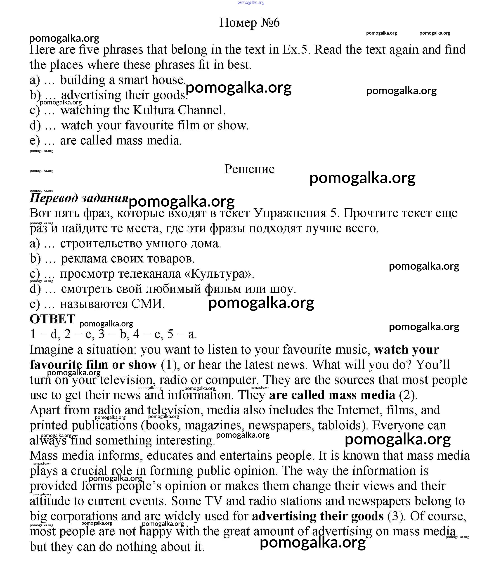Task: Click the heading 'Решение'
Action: [x=249, y=169]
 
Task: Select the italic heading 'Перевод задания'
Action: [x=79, y=198]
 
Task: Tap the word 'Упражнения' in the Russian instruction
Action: [x=290, y=213]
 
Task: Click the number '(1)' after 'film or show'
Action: [x=170, y=364]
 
